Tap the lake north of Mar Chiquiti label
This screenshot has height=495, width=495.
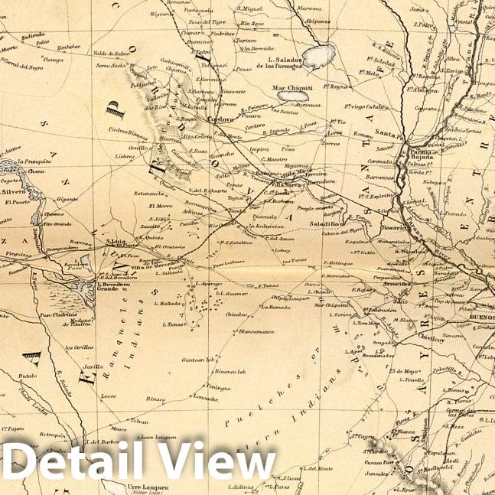tap(318, 54)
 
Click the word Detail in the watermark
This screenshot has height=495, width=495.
tap(77, 461)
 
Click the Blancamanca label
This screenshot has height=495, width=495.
tap(256, 332)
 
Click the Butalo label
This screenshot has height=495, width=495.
tap(28, 376)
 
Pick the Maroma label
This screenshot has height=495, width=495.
tap(309, 8)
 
